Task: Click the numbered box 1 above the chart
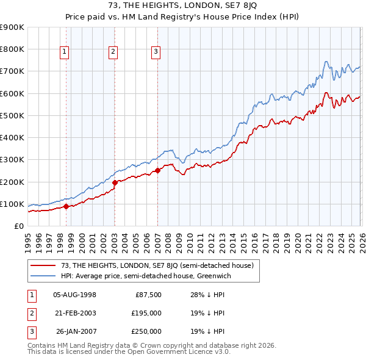coord(65,52)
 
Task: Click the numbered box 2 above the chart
coord(113,52)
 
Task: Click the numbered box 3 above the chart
coord(156,52)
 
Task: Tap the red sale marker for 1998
coord(66,207)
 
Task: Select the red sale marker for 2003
coord(115,182)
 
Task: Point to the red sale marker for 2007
coord(157,170)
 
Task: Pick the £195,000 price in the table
coord(146,314)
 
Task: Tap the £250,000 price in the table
coord(146,332)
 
